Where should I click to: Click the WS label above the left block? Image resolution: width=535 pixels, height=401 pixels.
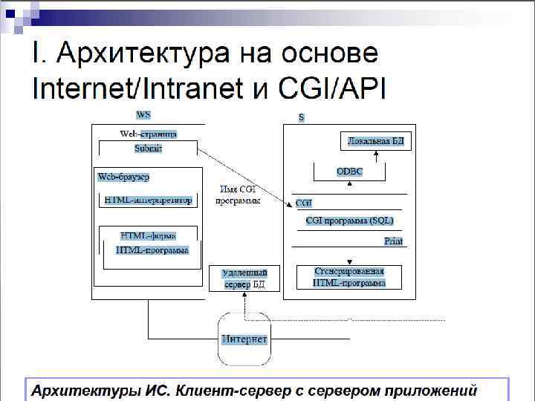143,115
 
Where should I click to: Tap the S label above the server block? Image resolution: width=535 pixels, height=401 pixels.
301,117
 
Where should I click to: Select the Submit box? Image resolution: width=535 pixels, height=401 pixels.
148,149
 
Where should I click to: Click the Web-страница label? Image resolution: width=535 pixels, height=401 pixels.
148,134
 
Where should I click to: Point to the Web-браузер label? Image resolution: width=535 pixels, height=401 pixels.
124,177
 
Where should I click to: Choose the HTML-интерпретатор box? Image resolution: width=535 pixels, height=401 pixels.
148,200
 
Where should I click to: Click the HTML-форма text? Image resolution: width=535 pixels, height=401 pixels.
148,236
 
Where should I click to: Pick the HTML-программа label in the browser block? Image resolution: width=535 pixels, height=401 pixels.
152,250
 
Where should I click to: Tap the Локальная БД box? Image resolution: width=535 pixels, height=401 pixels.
376,140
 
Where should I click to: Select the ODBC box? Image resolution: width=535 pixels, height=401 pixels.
349,172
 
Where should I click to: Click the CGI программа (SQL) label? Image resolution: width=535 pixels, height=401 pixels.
349,221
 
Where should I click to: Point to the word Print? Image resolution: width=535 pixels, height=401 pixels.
393,241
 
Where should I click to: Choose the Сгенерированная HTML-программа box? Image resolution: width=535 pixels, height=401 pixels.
349,277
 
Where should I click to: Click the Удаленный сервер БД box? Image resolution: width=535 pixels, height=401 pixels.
244,278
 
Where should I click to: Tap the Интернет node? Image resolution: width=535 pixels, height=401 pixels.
244,339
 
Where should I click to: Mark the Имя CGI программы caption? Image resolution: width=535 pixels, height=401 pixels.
238,195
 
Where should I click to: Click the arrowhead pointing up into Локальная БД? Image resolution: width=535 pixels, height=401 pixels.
376,153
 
